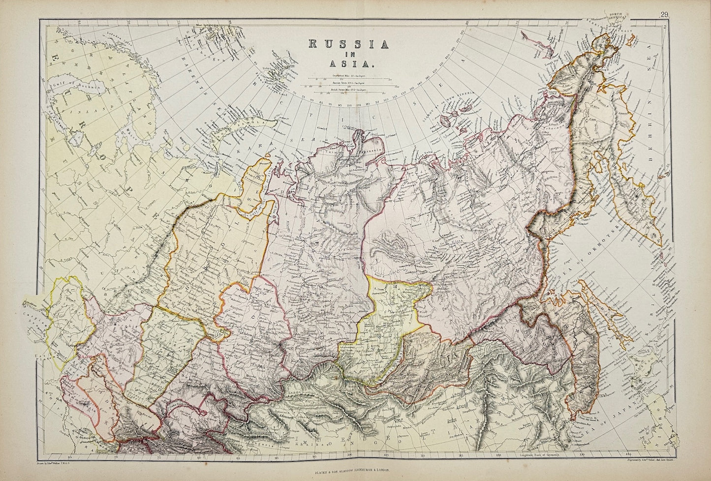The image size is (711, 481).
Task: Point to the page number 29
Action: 663,14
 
